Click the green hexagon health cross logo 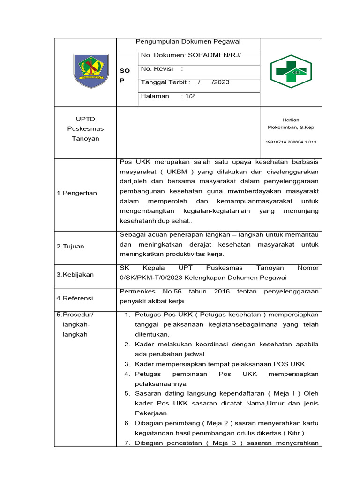(x=291, y=72)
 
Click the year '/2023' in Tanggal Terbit (x=220, y=82)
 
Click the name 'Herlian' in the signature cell (x=291, y=120)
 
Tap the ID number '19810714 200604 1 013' (x=291, y=142)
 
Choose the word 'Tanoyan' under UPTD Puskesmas (x=85, y=138)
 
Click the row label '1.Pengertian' (x=76, y=193)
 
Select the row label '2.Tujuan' (x=70, y=246)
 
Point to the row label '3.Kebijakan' (x=75, y=274)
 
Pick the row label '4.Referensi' (x=75, y=298)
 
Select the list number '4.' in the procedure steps (x=127, y=374)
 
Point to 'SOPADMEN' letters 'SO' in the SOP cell (x=125, y=70)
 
